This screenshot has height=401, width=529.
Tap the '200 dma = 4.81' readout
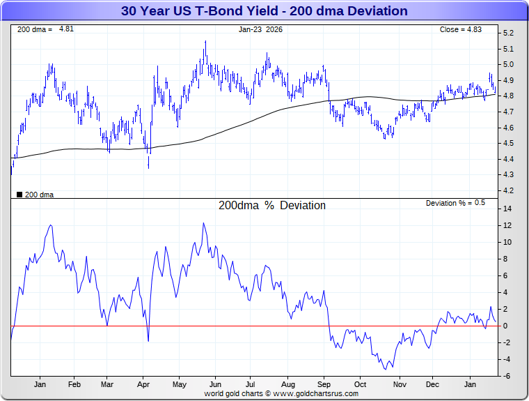(37, 29)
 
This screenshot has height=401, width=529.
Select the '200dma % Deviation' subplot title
(272, 206)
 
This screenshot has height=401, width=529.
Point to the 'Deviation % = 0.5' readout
(456, 203)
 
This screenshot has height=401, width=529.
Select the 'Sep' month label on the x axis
(324, 384)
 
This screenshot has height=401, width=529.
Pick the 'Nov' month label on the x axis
(400, 384)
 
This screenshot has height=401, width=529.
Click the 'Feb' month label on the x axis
(74, 384)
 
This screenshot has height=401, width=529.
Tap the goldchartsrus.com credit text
(281, 393)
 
